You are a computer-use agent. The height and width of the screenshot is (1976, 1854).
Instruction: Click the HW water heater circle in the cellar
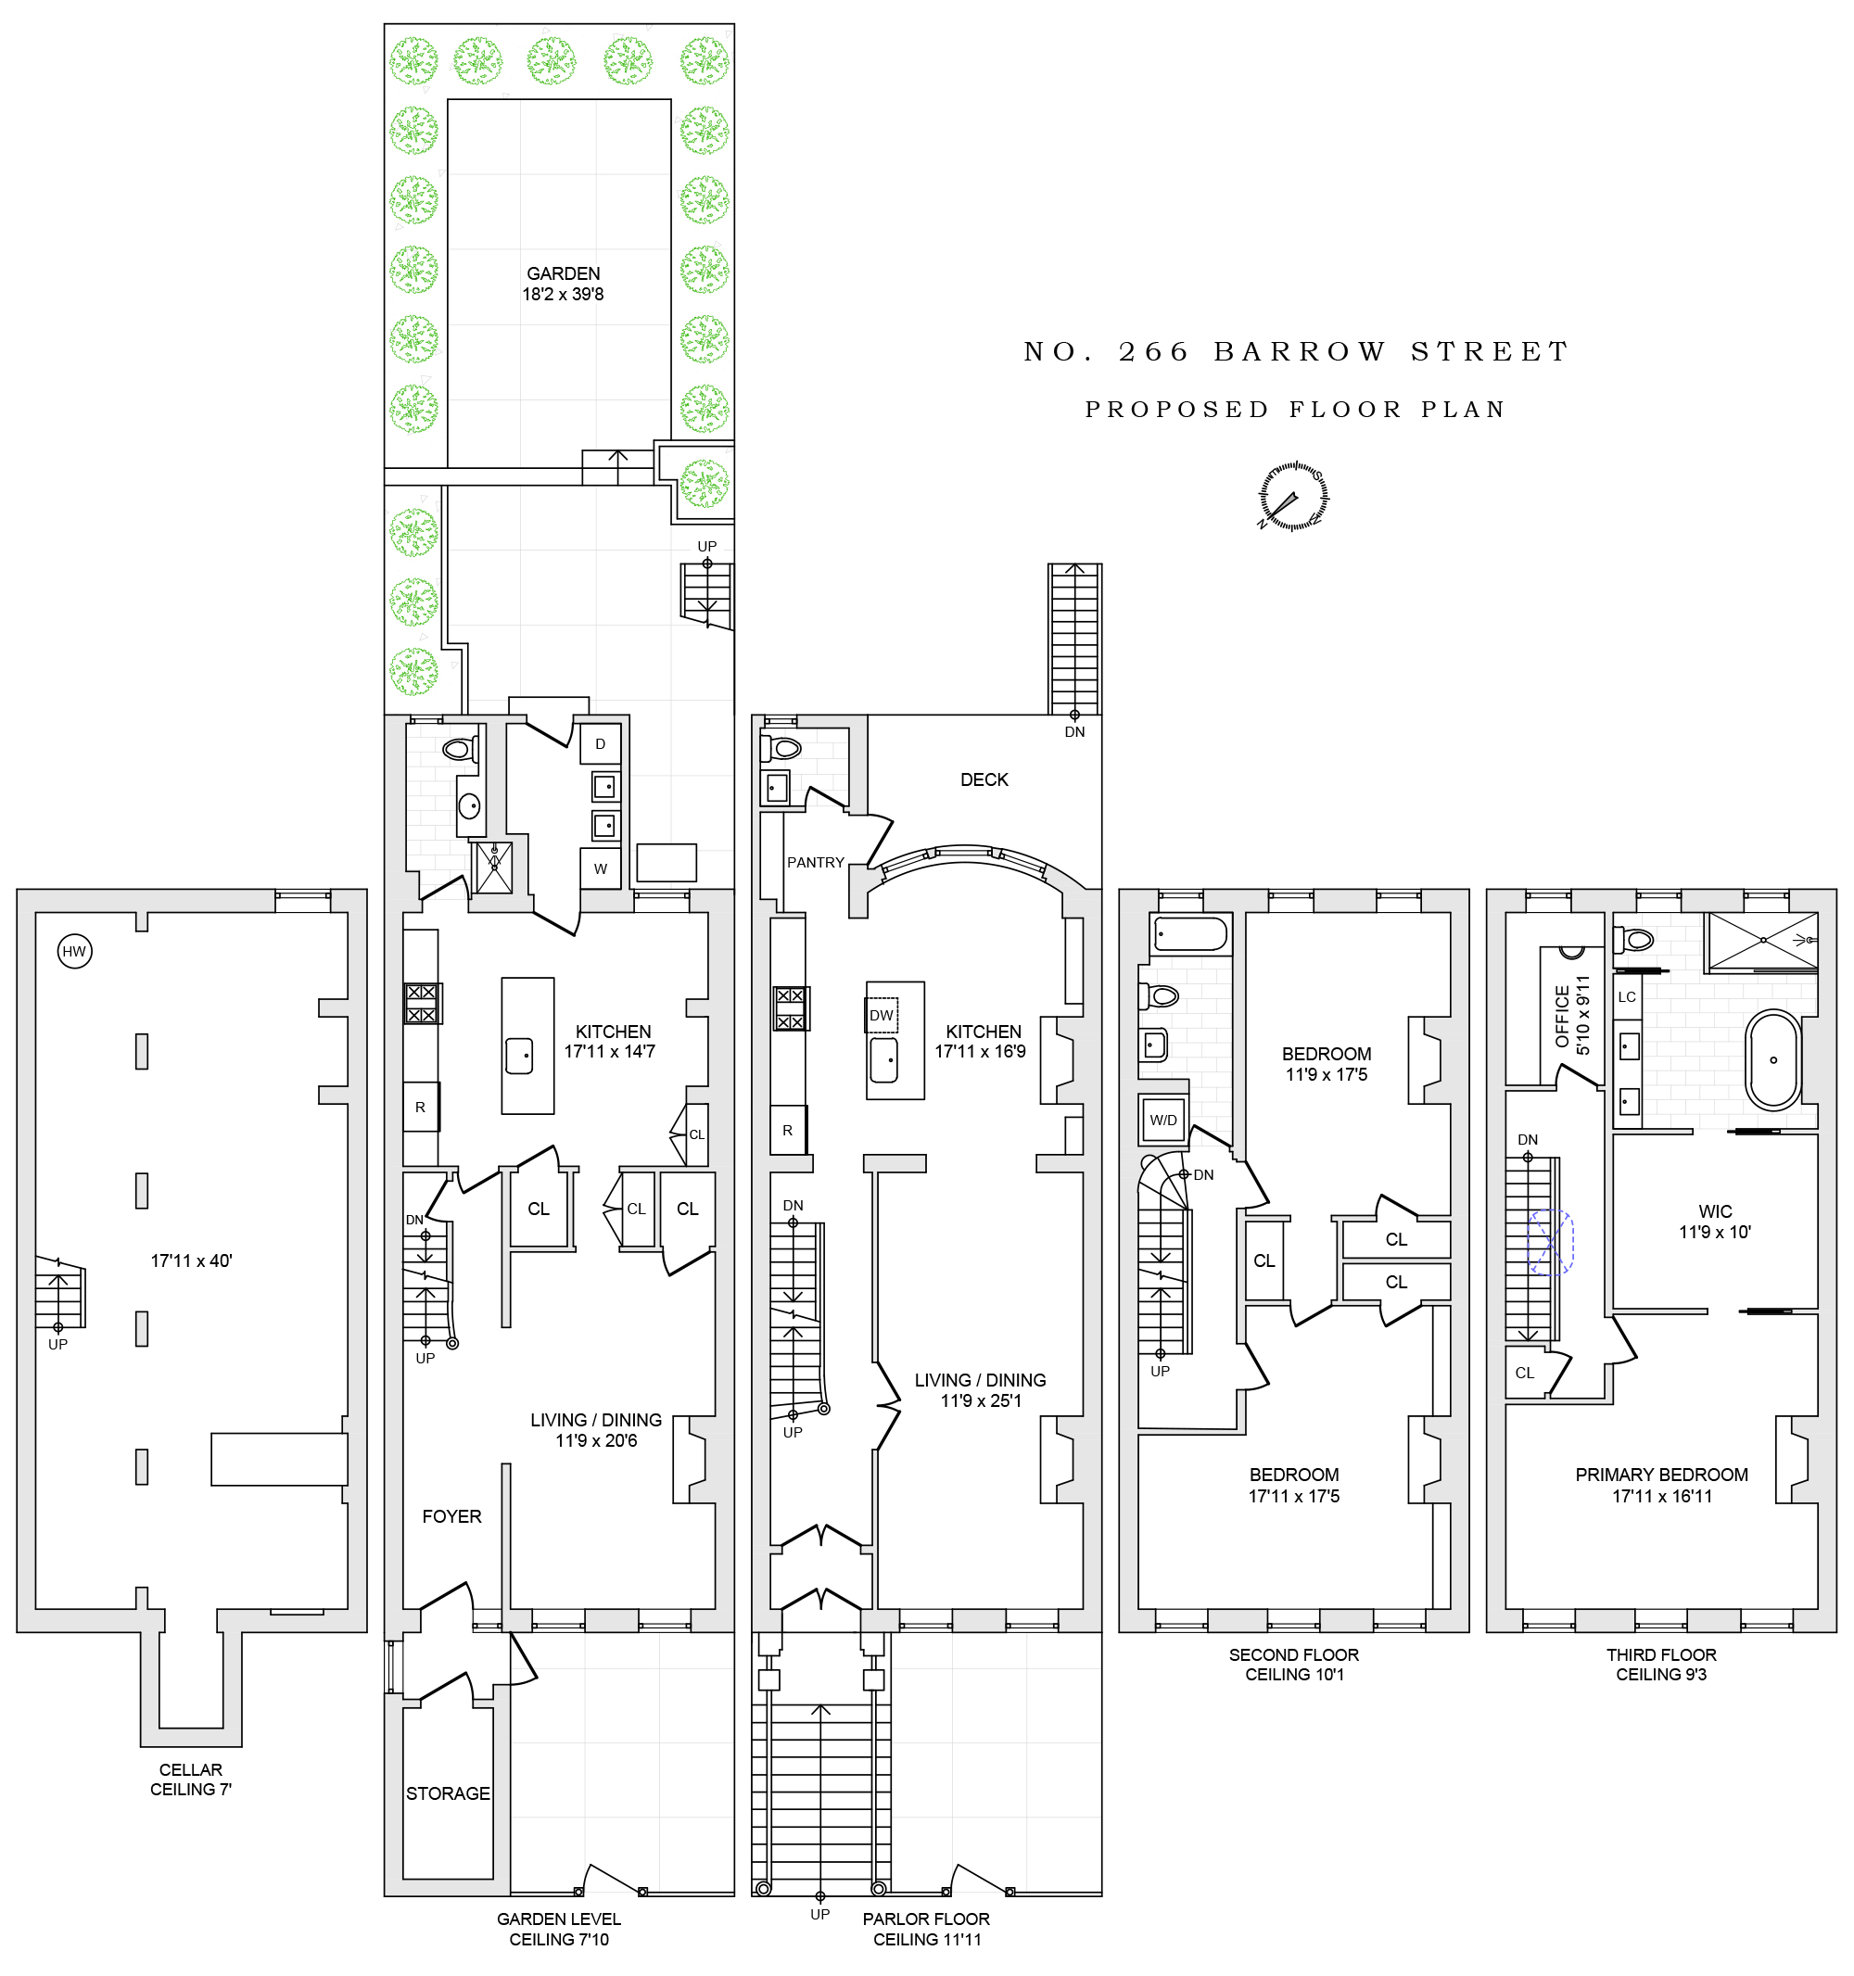(x=74, y=952)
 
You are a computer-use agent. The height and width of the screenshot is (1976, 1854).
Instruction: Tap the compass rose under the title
(x=1293, y=496)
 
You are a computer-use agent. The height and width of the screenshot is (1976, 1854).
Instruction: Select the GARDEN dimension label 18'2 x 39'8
(x=563, y=294)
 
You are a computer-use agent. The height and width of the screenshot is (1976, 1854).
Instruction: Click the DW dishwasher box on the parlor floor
(x=881, y=1015)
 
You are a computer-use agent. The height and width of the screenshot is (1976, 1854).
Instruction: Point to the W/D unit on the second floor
(x=1163, y=1121)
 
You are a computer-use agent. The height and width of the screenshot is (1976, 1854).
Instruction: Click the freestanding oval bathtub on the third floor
(x=1772, y=1059)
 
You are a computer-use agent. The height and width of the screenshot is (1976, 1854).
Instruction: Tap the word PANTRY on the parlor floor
(x=815, y=863)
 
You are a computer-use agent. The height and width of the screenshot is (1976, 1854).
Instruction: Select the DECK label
(x=984, y=780)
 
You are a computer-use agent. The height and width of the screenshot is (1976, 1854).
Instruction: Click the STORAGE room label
(x=448, y=1794)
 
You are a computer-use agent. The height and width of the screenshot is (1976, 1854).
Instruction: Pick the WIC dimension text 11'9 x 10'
(x=1714, y=1233)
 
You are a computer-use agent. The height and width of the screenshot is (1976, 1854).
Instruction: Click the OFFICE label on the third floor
(x=1562, y=1016)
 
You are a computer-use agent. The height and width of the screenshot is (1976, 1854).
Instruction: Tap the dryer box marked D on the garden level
(x=601, y=744)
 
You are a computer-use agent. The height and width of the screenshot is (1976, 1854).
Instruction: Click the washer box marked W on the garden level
(x=601, y=868)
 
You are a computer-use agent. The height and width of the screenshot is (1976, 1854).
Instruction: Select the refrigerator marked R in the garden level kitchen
(x=421, y=1108)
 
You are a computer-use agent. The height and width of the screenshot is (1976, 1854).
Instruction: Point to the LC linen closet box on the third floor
(x=1626, y=997)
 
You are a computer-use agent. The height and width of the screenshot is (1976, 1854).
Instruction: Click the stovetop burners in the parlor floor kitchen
(x=791, y=1007)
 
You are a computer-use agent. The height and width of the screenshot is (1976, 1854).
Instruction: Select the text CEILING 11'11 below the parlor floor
(x=926, y=1939)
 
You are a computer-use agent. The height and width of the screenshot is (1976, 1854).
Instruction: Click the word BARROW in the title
(x=1300, y=352)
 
